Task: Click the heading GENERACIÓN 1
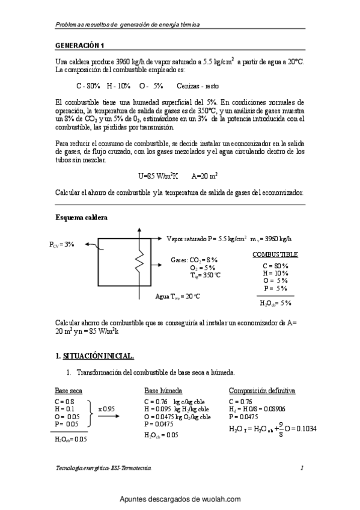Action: pyautogui.click(x=79, y=46)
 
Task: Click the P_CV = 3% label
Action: pyautogui.click(x=62, y=244)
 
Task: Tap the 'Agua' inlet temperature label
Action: pyautogui.click(x=177, y=296)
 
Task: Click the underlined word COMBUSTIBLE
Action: pyautogui.click(x=275, y=254)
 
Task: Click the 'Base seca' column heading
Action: pyautogui.click(x=69, y=390)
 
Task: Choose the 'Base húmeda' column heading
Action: pyautogui.click(x=163, y=390)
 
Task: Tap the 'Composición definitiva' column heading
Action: pyautogui.click(x=261, y=390)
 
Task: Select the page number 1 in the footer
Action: pyautogui.click(x=302, y=467)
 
